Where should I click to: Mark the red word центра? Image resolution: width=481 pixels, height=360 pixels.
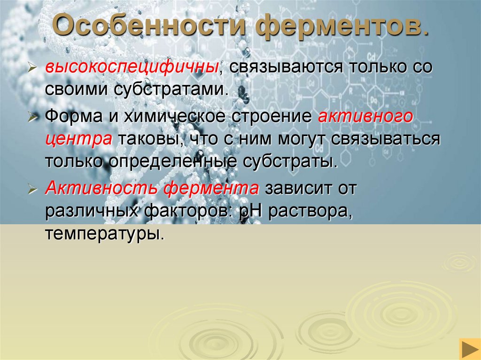click(78, 139)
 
